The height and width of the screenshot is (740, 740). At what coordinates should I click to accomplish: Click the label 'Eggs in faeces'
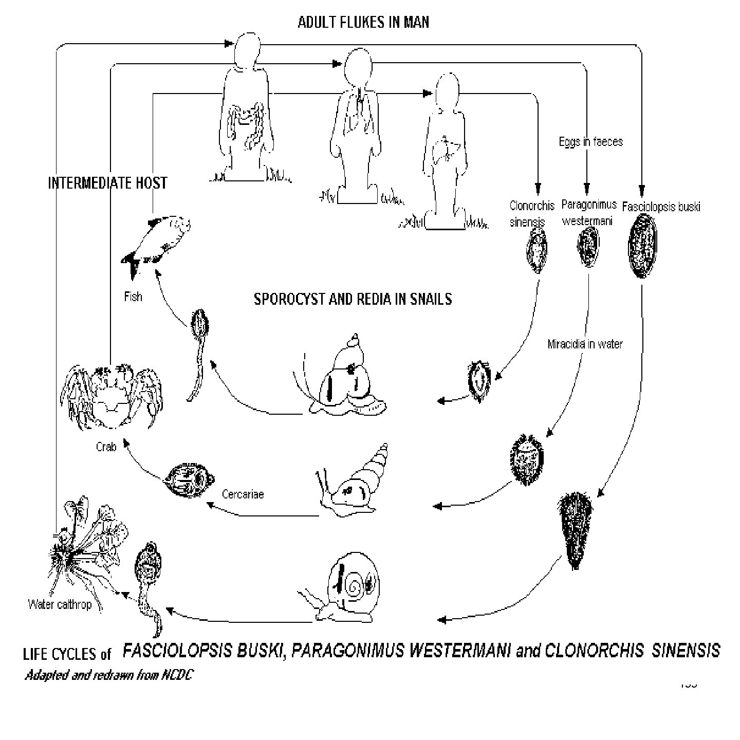click(590, 141)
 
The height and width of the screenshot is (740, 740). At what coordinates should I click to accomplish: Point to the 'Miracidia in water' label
click(585, 344)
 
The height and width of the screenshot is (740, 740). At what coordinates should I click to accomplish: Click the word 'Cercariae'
click(243, 494)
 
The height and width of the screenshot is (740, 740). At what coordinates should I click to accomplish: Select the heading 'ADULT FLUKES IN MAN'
click(363, 22)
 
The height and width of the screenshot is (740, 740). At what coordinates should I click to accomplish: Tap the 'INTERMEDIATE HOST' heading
click(107, 183)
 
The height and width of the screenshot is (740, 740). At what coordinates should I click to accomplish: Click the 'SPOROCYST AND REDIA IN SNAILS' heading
click(353, 299)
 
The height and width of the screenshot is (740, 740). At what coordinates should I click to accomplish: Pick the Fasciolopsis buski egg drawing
click(642, 246)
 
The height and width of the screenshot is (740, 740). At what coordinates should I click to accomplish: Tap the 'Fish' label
click(133, 297)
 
